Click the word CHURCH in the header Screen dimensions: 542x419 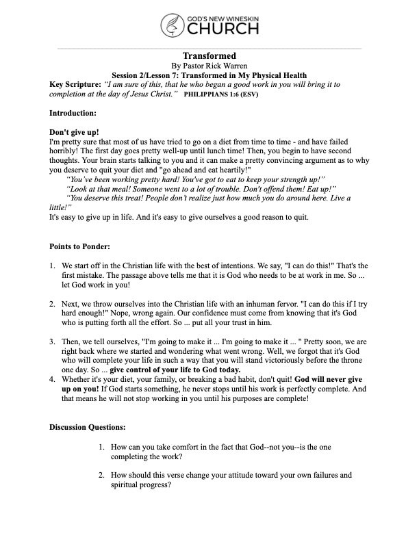220,28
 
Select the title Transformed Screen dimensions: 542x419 209,55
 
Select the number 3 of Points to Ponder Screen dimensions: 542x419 53,339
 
